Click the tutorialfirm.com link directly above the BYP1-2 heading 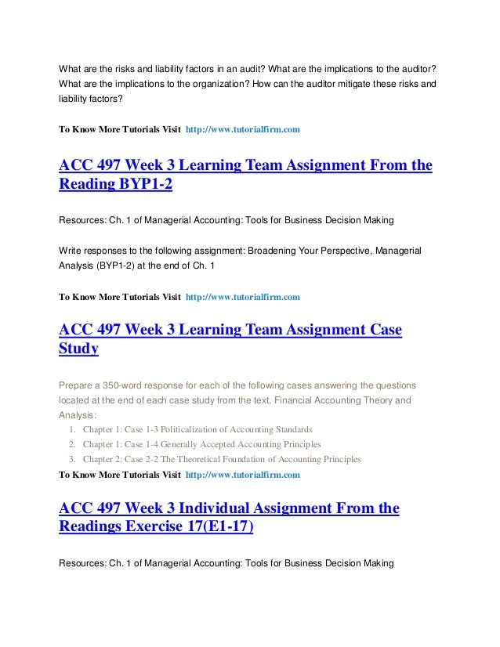pyautogui.click(x=242, y=128)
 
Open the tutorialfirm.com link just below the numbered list pyautogui.click(x=242, y=475)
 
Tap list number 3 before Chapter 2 pyautogui.click(x=72, y=460)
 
